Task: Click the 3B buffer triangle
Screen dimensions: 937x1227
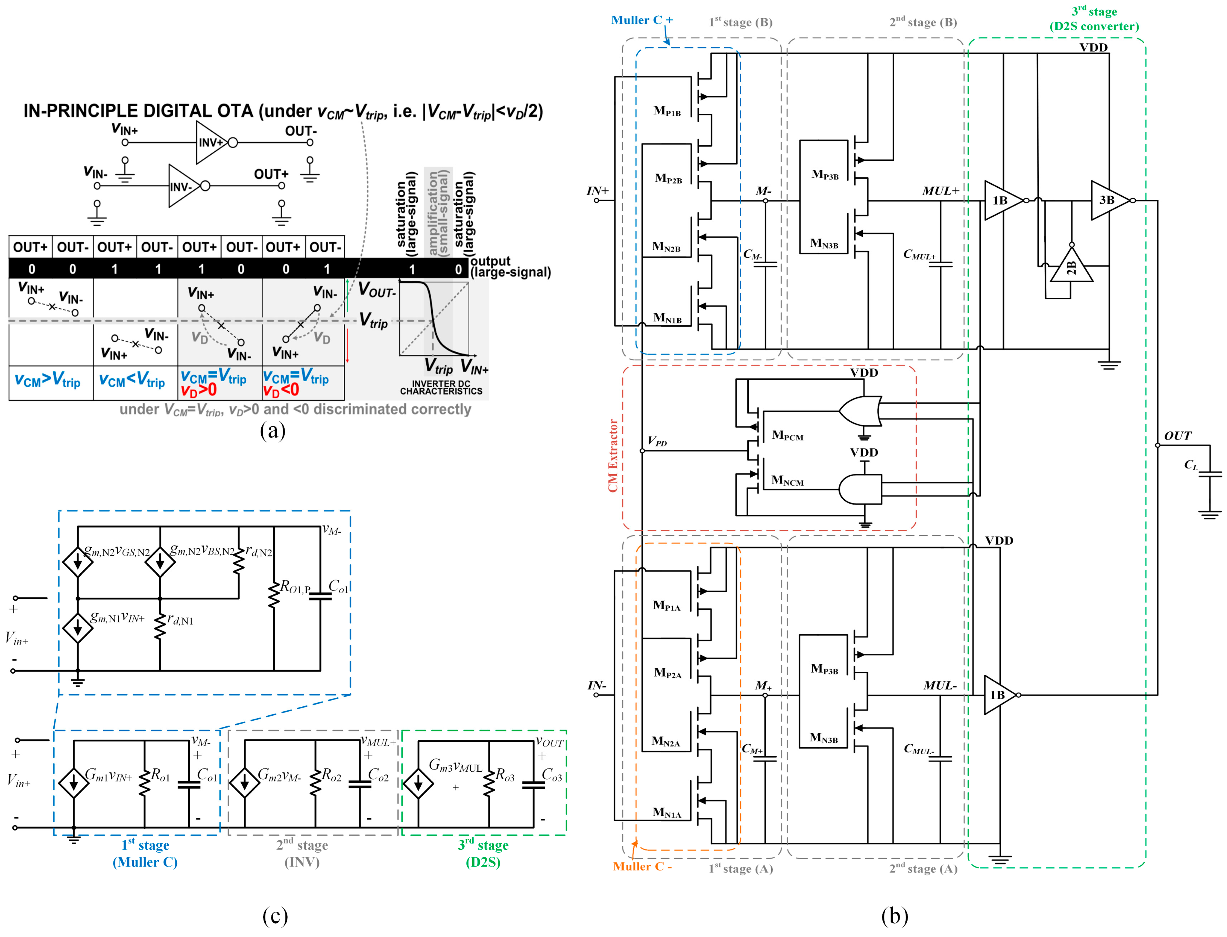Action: pyautogui.click(x=1108, y=200)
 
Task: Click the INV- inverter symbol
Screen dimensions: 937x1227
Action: pyautogui.click(x=184, y=186)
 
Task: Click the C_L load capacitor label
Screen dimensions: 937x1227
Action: pyautogui.click(x=1190, y=465)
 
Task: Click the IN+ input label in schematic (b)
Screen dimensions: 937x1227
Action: pyautogui.click(x=597, y=191)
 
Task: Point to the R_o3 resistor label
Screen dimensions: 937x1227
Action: pyautogui.click(x=505, y=775)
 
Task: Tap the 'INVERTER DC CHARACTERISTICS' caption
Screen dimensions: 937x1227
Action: pyautogui.click(x=441, y=388)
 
